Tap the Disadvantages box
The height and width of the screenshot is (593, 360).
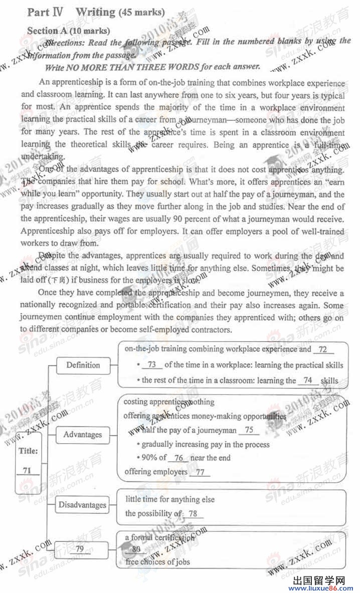(x=82, y=504)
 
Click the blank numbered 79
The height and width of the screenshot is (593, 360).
(x=80, y=549)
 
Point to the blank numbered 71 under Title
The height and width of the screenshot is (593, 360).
(x=27, y=470)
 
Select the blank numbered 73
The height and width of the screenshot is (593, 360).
(x=152, y=365)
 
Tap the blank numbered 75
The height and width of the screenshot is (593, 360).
(x=249, y=430)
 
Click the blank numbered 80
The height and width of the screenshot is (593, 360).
(x=135, y=549)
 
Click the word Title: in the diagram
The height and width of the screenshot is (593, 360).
(x=28, y=451)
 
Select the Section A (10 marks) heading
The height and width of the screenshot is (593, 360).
(x=69, y=31)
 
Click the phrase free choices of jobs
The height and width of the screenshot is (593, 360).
(x=157, y=561)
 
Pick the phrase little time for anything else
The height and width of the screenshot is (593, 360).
(x=170, y=499)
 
